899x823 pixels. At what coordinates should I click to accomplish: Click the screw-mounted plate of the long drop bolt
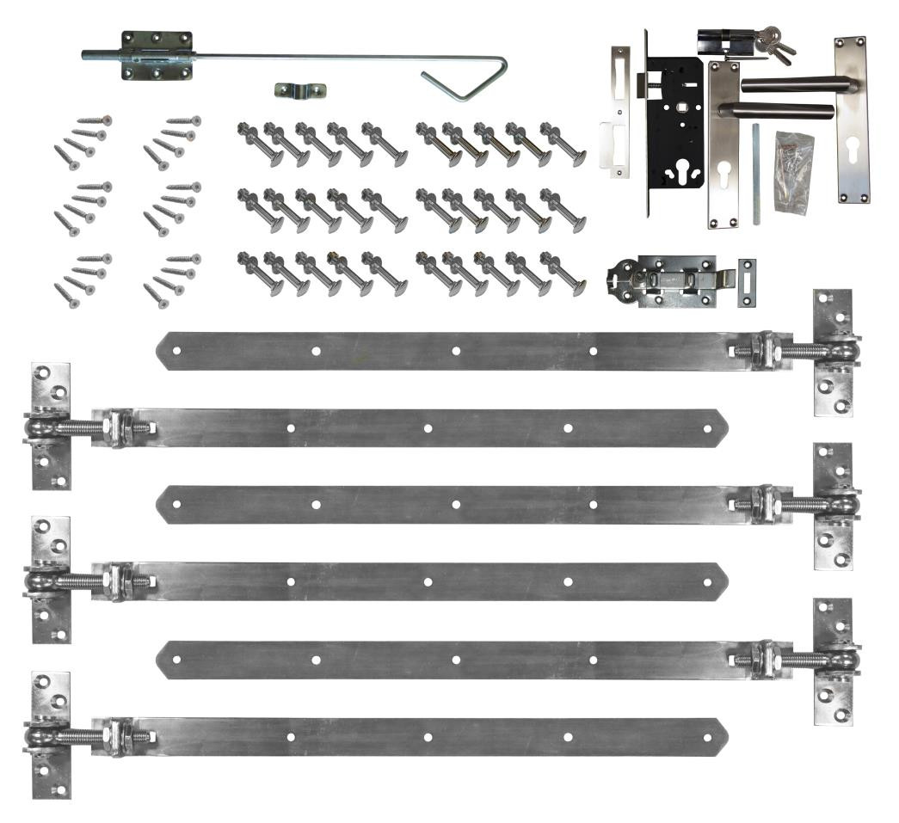pos(156,55)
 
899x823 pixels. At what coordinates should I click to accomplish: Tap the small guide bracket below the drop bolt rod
pos(300,89)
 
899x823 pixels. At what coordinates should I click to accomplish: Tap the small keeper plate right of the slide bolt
pos(747,283)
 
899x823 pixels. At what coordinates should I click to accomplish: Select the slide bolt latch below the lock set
pos(667,279)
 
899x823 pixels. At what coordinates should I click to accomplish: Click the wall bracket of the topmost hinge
pos(834,353)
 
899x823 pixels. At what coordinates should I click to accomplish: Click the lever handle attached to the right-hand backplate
pos(796,84)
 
